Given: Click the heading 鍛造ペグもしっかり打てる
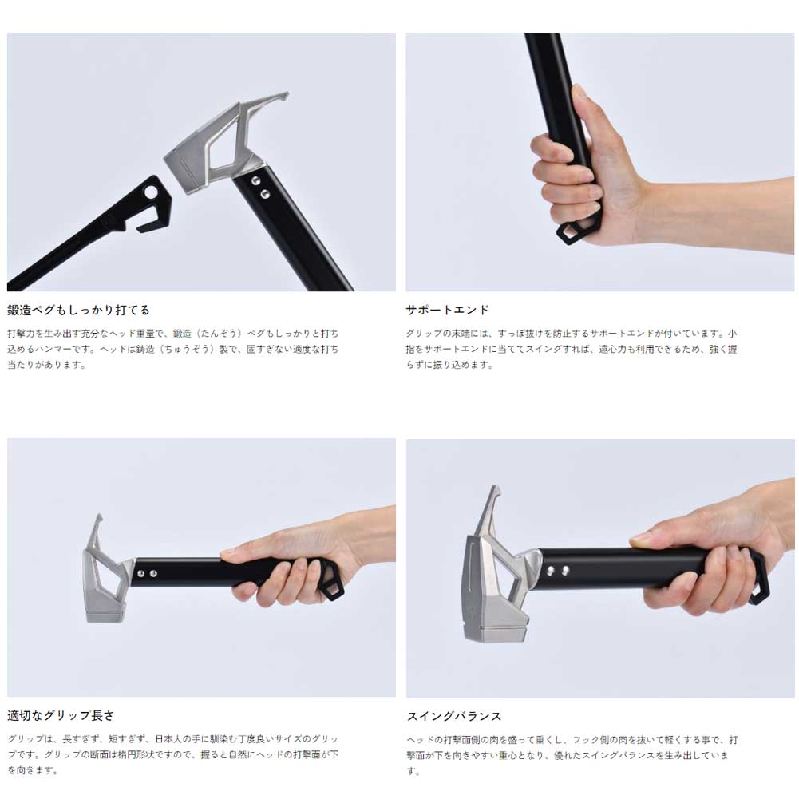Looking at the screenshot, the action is point(78,310).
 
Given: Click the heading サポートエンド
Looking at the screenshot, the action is point(447,310).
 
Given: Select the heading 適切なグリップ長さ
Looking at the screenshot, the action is point(61,715).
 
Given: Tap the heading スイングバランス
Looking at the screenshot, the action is point(454,716).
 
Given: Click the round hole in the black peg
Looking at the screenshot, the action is point(152,192).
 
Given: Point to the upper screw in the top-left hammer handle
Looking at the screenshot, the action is point(255,181).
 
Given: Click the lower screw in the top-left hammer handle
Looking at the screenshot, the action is point(264,194).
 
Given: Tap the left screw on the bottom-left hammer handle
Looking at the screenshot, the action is point(141,574).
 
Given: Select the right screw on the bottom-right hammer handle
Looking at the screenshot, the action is point(565,570).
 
